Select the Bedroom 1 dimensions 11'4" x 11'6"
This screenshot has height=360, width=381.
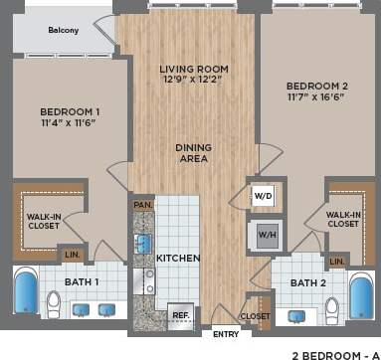[x=70, y=123]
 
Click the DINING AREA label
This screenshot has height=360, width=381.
[x=193, y=153]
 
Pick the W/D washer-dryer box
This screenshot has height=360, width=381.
[x=265, y=195]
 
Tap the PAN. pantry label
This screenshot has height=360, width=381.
[x=142, y=204]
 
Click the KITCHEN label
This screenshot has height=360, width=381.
[x=178, y=258]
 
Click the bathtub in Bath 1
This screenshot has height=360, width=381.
[x=26, y=293]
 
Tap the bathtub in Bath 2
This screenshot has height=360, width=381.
[x=360, y=295]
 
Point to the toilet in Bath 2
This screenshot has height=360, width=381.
[x=331, y=310]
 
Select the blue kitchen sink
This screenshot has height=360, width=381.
[x=142, y=244]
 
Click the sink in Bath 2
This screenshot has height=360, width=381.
[x=295, y=316]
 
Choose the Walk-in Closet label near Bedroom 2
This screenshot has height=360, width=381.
[x=342, y=219]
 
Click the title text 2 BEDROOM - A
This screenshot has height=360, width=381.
[x=329, y=352]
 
